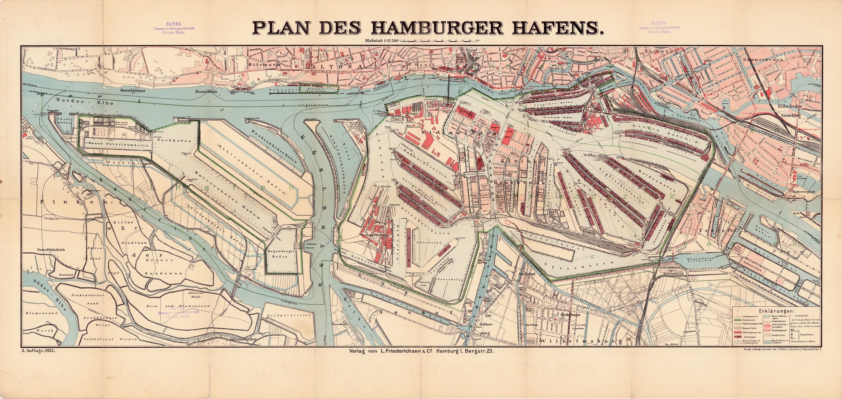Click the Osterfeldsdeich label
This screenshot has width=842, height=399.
[x=51, y=250]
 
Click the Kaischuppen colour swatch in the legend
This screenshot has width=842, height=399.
[x=738, y=337]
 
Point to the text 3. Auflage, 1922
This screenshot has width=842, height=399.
[x=38, y=351]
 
